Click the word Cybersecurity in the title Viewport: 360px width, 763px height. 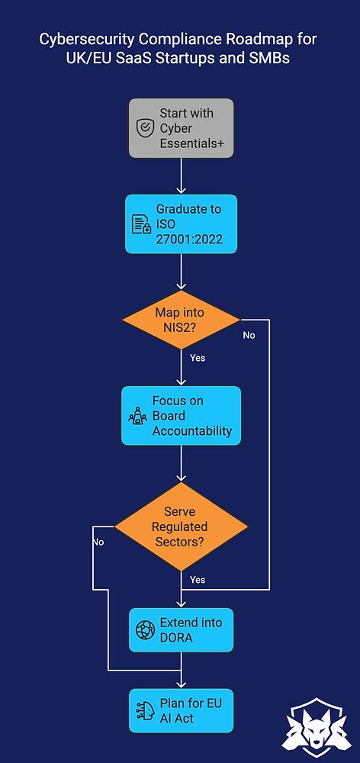pyautogui.click(x=82, y=39)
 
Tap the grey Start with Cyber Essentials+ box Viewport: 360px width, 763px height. pyautogui.click(x=181, y=128)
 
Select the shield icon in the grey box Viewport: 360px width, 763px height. pyautogui.click(x=144, y=128)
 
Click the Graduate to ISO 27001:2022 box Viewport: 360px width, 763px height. pyautogui.click(x=181, y=224)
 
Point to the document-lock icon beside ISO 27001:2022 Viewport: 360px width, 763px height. pyautogui.click(x=141, y=224)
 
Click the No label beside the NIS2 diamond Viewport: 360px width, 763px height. pyautogui.click(x=249, y=335)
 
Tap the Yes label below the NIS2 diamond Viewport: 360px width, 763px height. pyautogui.click(x=197, y=357)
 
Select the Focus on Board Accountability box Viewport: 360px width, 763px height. pyautogui.click(x=181, y=416)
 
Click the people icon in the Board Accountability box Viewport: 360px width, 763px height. pyautogui.click(x=137, y=416)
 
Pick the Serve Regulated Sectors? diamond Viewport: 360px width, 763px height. pyautogui.click(x=181, y=526)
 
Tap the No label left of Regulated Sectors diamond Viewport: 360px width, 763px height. pyautogui.click(x=98, y=542)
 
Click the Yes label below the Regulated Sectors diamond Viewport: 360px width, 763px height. pyautogui.click(x=197, y=580)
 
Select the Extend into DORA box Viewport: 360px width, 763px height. pyautogui.click(x=181, y=630)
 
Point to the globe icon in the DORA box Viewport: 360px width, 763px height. pyautogui.click(x=145, y=630)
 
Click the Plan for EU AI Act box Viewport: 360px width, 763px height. pyautogui.click(x=181, y=710)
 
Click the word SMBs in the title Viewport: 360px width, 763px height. pyautogui.click(x=268, y=57)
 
